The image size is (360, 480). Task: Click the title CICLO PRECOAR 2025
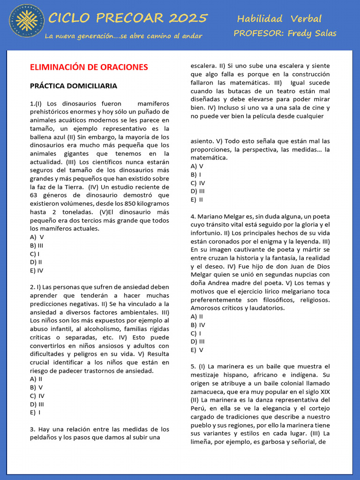pyautogui.click(x=128, y=18)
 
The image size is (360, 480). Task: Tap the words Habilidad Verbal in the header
pyautogui.click(x=279, y=19)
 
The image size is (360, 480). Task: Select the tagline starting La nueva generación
pyautogui.click(x=123, y=36)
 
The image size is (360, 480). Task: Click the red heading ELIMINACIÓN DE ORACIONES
pyautogui.click(x=89, y=67)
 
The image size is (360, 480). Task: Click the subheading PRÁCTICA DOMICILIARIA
pyautogui.click(x=73, y=86)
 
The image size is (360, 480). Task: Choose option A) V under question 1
pyautogui.click(x=37, y=237)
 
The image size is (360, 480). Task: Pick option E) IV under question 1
pyautogui.click(x=37, y=270)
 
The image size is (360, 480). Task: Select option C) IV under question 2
pyautogui.click(x=37, y=395)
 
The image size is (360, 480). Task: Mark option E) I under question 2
pyautogui.click(x=35, y=412)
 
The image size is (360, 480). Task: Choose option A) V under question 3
pyautogui.click(x=197, y=166)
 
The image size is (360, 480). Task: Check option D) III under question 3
pyautogui.click(x=197, y=191)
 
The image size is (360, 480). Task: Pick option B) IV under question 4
pyautogui.click(x=198, y=325)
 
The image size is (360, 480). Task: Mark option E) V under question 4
pyautogui.click(x=197, y=350)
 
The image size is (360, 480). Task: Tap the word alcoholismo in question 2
pyautogui.click(x=99, y=329)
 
